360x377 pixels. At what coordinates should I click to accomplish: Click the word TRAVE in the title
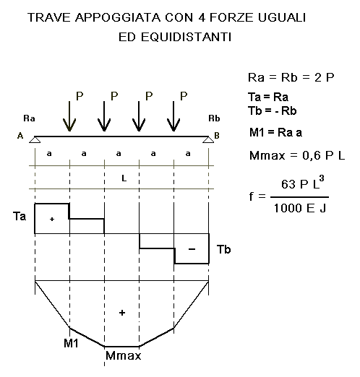[x=49, y=17]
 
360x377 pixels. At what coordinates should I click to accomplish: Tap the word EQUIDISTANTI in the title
[x=187, y=37]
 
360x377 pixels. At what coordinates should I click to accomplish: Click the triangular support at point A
[x=35, y=139]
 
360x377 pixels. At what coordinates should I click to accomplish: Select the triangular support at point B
[x=208, y=139]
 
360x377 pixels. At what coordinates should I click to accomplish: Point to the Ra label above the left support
[x=29, y=118]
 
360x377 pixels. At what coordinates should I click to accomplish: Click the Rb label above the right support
[x=214, y=118]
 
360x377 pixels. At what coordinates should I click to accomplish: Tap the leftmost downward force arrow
[x=69, y=116]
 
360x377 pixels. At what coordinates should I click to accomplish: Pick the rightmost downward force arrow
[x=173, y=116]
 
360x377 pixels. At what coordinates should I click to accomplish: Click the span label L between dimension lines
[x=124, y=178]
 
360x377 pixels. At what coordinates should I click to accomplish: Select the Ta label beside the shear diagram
[x=20, y=216]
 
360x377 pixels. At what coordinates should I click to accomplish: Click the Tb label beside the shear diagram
[x=224, y=249]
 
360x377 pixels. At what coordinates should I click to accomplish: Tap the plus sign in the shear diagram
[x=52, y=219]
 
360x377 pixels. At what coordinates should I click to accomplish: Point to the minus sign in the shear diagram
[x=192, y=249]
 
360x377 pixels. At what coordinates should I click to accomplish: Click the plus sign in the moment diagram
[x=122, y=313]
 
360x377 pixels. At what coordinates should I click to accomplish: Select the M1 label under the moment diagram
[x=71, y=343]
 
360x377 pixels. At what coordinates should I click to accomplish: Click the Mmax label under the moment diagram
[x=123, y=355]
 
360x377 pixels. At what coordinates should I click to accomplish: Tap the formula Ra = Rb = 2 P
[x=291, y=77]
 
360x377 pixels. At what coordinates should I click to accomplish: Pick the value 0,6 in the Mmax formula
[x=312, y=156]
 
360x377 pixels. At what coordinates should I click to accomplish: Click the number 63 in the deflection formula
[x=288, y=184]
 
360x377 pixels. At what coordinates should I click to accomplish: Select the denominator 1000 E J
[x=300, y=208]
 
